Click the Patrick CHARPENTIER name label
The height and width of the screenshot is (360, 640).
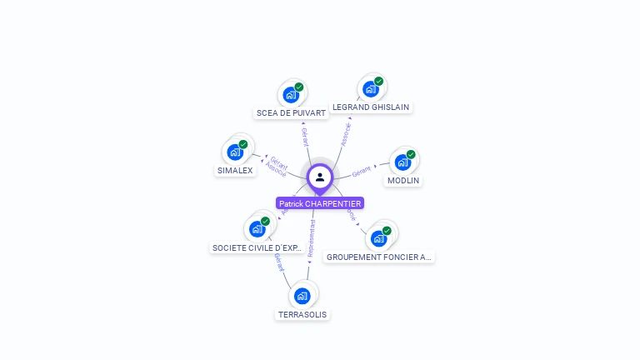click(320, 203)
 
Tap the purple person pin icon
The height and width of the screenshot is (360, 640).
click(320, 177)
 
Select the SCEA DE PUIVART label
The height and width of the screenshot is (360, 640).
click(291, 112)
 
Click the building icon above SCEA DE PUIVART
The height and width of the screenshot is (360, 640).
click(290, 94)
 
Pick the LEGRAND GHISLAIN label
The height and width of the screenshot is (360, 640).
click(372, 107)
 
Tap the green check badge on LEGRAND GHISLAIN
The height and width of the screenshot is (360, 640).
click(379, 82)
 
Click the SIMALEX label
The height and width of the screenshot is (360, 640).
click(235, 170)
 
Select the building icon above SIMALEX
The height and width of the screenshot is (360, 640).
click(234, 152)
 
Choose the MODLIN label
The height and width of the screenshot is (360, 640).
click(403, 180)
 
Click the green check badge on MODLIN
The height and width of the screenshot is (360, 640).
click(411, 154)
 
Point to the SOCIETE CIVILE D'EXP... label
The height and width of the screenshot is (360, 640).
click(257, 247)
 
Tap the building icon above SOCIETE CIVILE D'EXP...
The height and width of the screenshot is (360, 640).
click(257, 228)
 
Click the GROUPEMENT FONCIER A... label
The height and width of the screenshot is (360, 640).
click(379, 257)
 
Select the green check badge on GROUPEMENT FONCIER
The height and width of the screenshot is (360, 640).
click(387, 231)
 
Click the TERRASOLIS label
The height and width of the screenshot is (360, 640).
click(302, 314)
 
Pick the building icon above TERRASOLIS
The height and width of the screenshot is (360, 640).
click(302, 295)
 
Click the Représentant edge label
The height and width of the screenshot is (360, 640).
click(311, 237)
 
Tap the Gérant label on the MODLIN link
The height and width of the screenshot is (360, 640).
click(361, 172)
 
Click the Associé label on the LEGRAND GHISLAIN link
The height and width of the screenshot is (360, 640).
click(346, 134)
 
